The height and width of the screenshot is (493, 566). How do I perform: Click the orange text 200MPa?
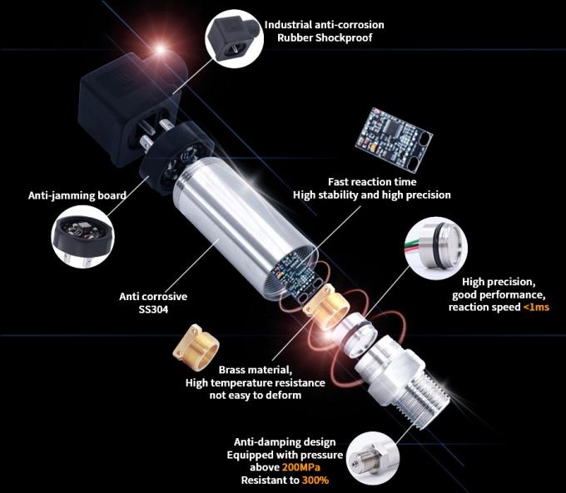tap(301, 467)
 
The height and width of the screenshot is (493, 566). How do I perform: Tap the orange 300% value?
tap(315, 481)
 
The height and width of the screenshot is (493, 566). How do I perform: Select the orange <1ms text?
tap(536, 308)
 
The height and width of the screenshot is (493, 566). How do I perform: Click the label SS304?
tap(153, 309)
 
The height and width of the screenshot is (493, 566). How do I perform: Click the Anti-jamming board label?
tap(77, 195)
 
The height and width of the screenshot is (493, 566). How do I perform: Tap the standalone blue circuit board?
tap(395, 139)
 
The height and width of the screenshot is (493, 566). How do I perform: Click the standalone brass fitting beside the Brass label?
tap(196, 346)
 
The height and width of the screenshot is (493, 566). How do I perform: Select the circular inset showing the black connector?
tap(235, 38)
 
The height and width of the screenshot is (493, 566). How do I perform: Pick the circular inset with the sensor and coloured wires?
tap(435, 248)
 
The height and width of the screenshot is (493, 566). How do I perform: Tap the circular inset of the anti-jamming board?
tap(82, 238)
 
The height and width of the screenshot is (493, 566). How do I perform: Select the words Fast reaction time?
tap(372, 182)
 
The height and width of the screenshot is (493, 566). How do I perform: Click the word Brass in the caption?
tap(233, 370)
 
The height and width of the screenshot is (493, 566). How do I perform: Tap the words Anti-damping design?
tap(285, 442)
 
